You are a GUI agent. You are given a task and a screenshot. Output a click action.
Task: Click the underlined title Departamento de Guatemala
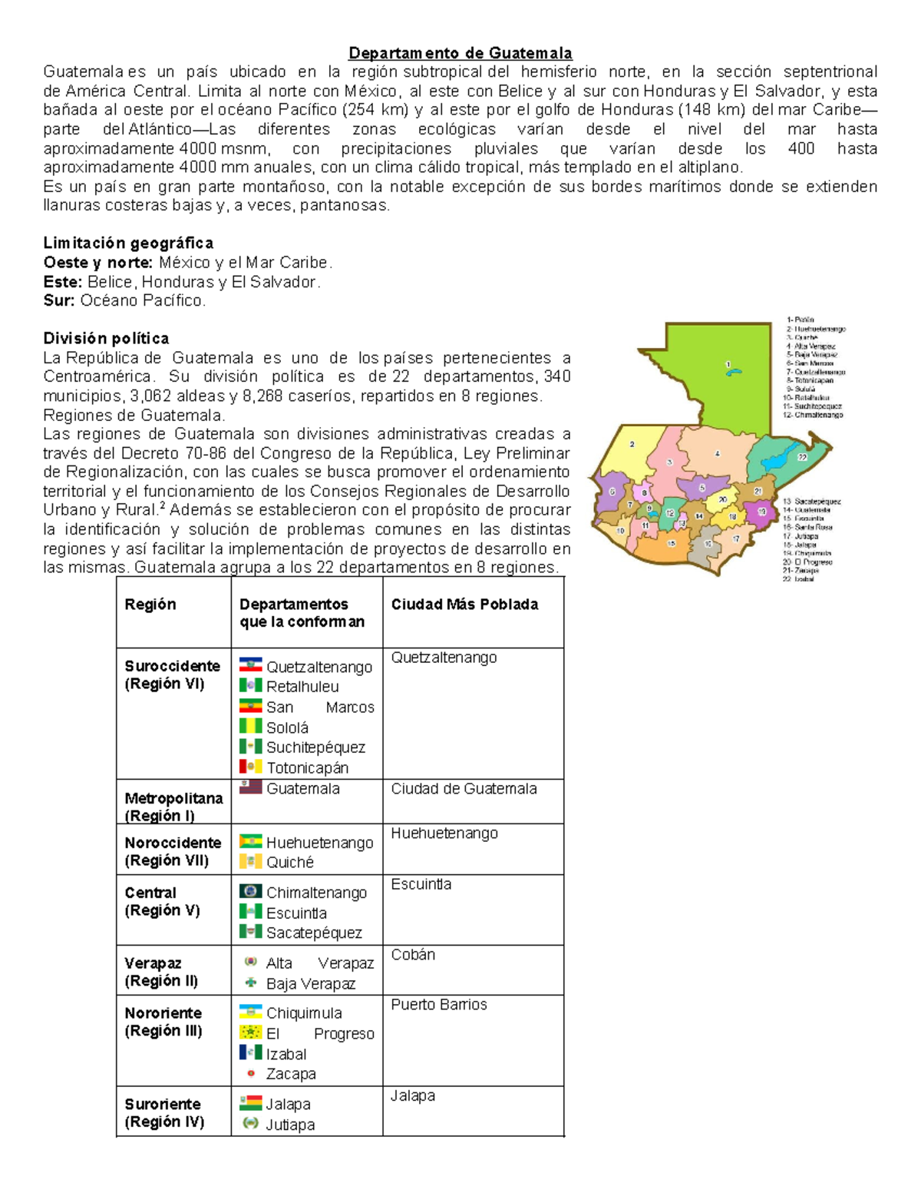460,53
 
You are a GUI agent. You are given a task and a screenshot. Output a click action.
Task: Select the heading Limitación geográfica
128,244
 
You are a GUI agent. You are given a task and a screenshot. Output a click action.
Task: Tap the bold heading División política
106,339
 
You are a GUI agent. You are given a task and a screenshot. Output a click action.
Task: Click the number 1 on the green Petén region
728,364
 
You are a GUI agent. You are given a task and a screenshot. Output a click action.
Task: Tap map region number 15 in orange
672,544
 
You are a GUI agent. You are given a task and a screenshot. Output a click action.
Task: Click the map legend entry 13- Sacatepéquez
811,502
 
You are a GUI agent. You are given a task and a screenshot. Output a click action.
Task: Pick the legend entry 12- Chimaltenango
813,415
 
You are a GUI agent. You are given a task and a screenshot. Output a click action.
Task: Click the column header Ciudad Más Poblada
464,605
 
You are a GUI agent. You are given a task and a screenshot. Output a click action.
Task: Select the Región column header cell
150,605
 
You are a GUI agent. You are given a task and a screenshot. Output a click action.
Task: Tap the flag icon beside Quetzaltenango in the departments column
250,665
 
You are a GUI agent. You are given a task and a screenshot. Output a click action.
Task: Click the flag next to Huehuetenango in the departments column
250,842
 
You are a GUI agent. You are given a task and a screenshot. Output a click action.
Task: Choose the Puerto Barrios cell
438,1005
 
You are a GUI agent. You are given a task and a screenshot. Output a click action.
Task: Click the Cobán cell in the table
413,955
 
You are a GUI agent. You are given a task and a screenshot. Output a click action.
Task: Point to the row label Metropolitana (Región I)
173,807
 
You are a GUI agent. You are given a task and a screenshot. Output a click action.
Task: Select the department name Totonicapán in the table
307,768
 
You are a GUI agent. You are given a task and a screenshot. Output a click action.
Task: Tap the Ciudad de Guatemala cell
464,789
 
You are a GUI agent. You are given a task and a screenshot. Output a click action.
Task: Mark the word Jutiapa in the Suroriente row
290,1125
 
